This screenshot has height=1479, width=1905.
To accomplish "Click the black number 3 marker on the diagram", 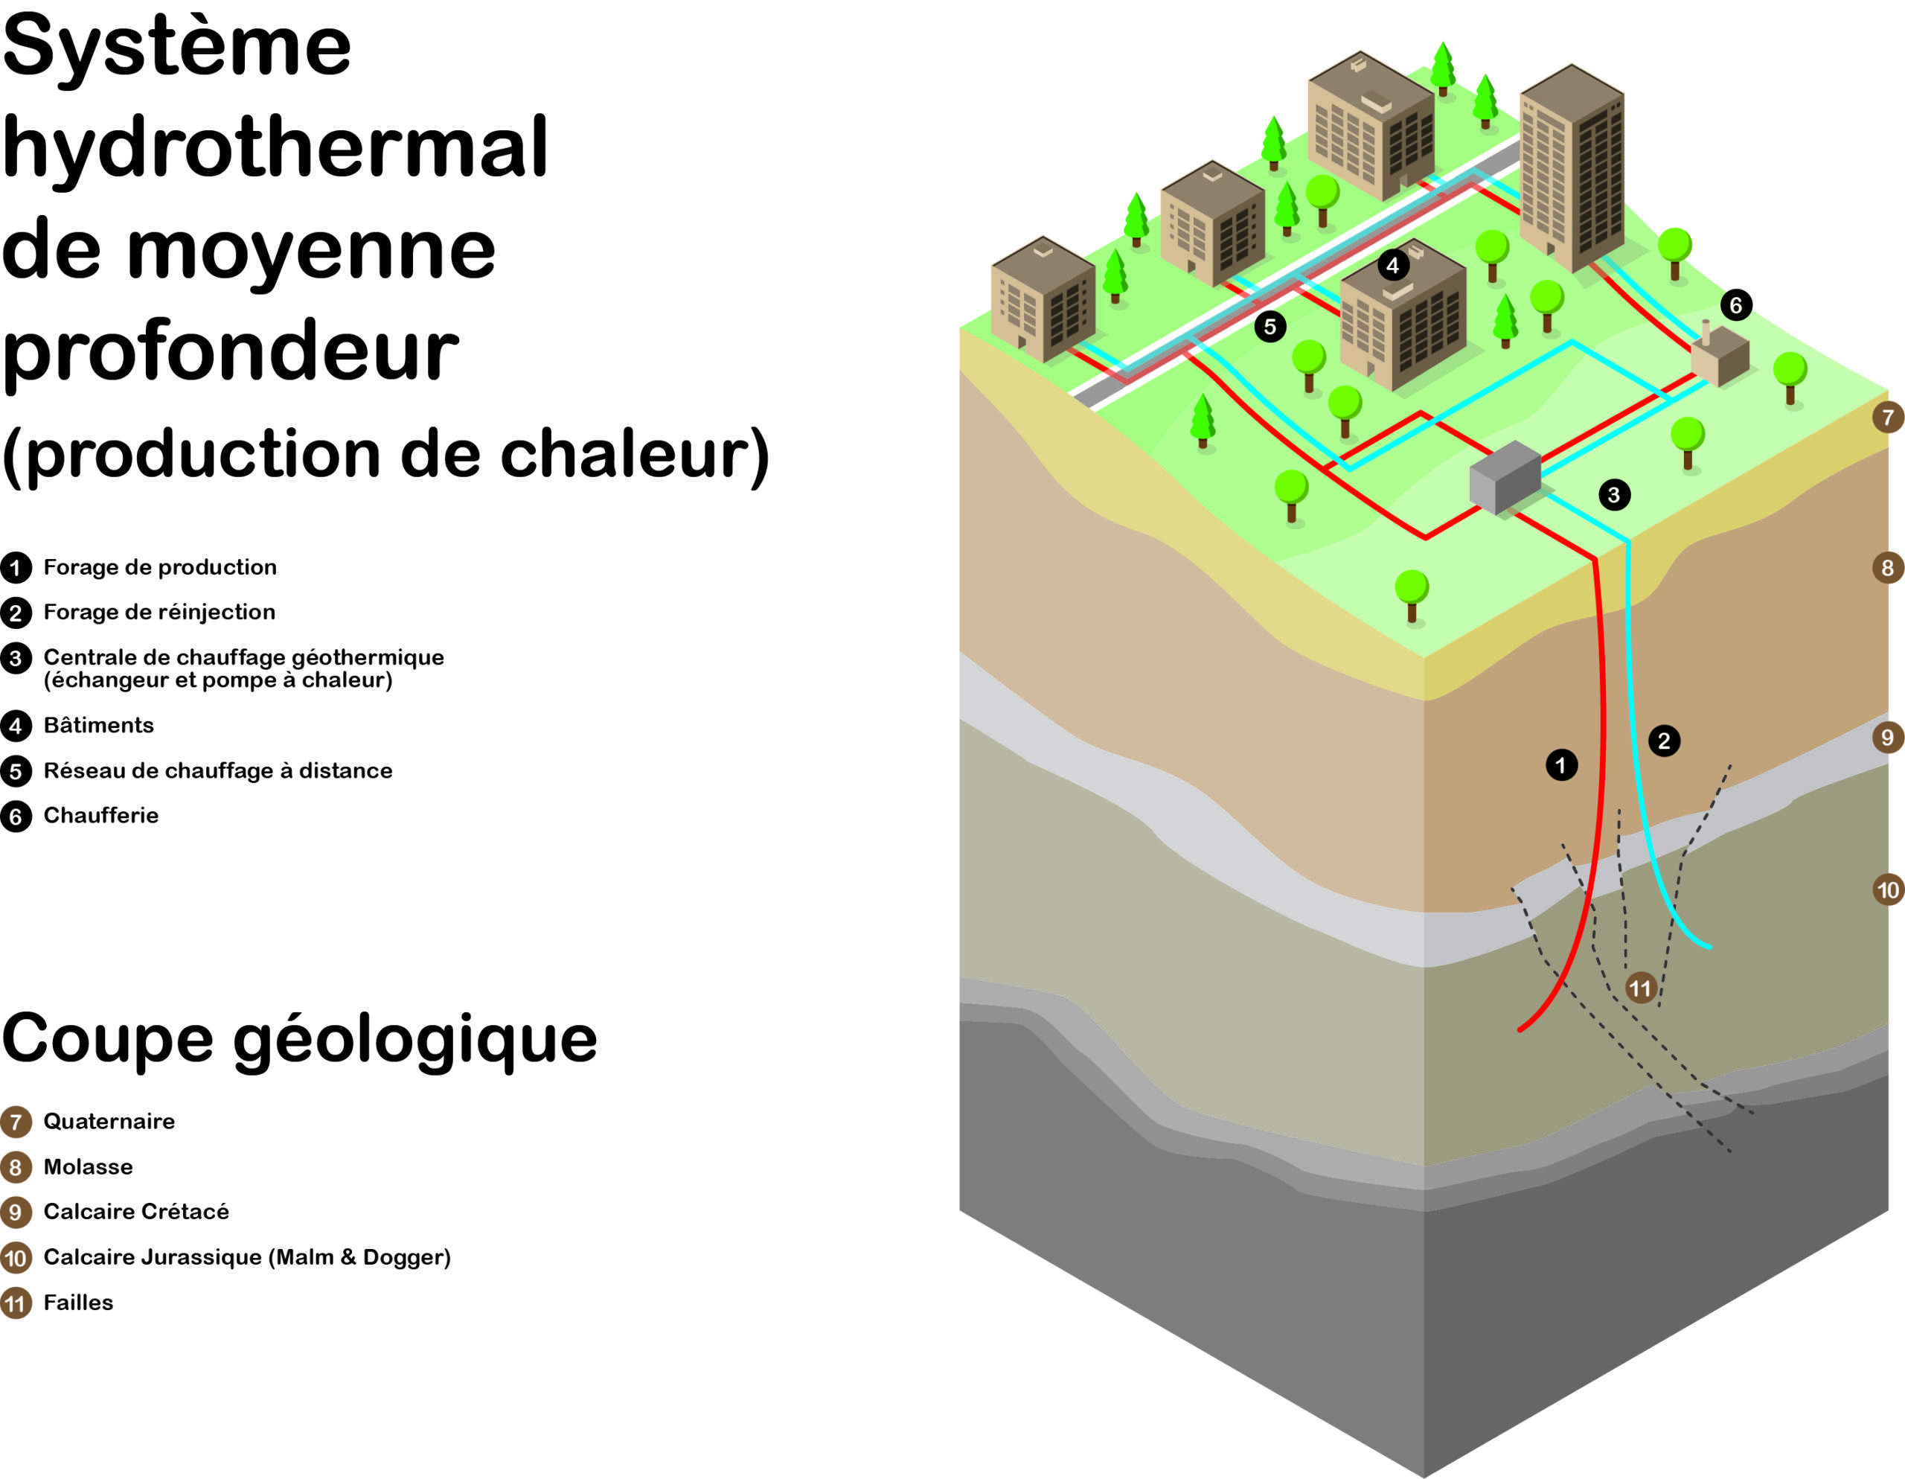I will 1613,495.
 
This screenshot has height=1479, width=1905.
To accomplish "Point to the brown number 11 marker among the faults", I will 1641,988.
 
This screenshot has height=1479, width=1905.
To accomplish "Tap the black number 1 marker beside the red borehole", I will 1561,765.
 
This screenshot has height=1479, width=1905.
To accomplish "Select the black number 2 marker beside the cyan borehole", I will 1663,741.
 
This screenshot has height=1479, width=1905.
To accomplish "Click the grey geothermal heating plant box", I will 1505,478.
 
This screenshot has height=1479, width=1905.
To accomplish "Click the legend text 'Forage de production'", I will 160,567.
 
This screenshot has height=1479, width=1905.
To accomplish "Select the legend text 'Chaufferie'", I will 101,816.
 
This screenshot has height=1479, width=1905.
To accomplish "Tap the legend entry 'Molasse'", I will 88,1166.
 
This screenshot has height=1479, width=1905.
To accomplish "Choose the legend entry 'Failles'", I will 78,1303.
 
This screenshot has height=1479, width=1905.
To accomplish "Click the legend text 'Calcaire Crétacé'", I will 136,1212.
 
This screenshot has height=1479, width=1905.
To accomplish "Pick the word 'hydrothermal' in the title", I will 275,148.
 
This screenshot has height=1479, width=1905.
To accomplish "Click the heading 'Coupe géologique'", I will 299,1038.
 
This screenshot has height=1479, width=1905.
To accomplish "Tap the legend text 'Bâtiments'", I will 98,725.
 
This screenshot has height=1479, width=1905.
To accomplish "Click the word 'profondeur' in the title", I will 230,351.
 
